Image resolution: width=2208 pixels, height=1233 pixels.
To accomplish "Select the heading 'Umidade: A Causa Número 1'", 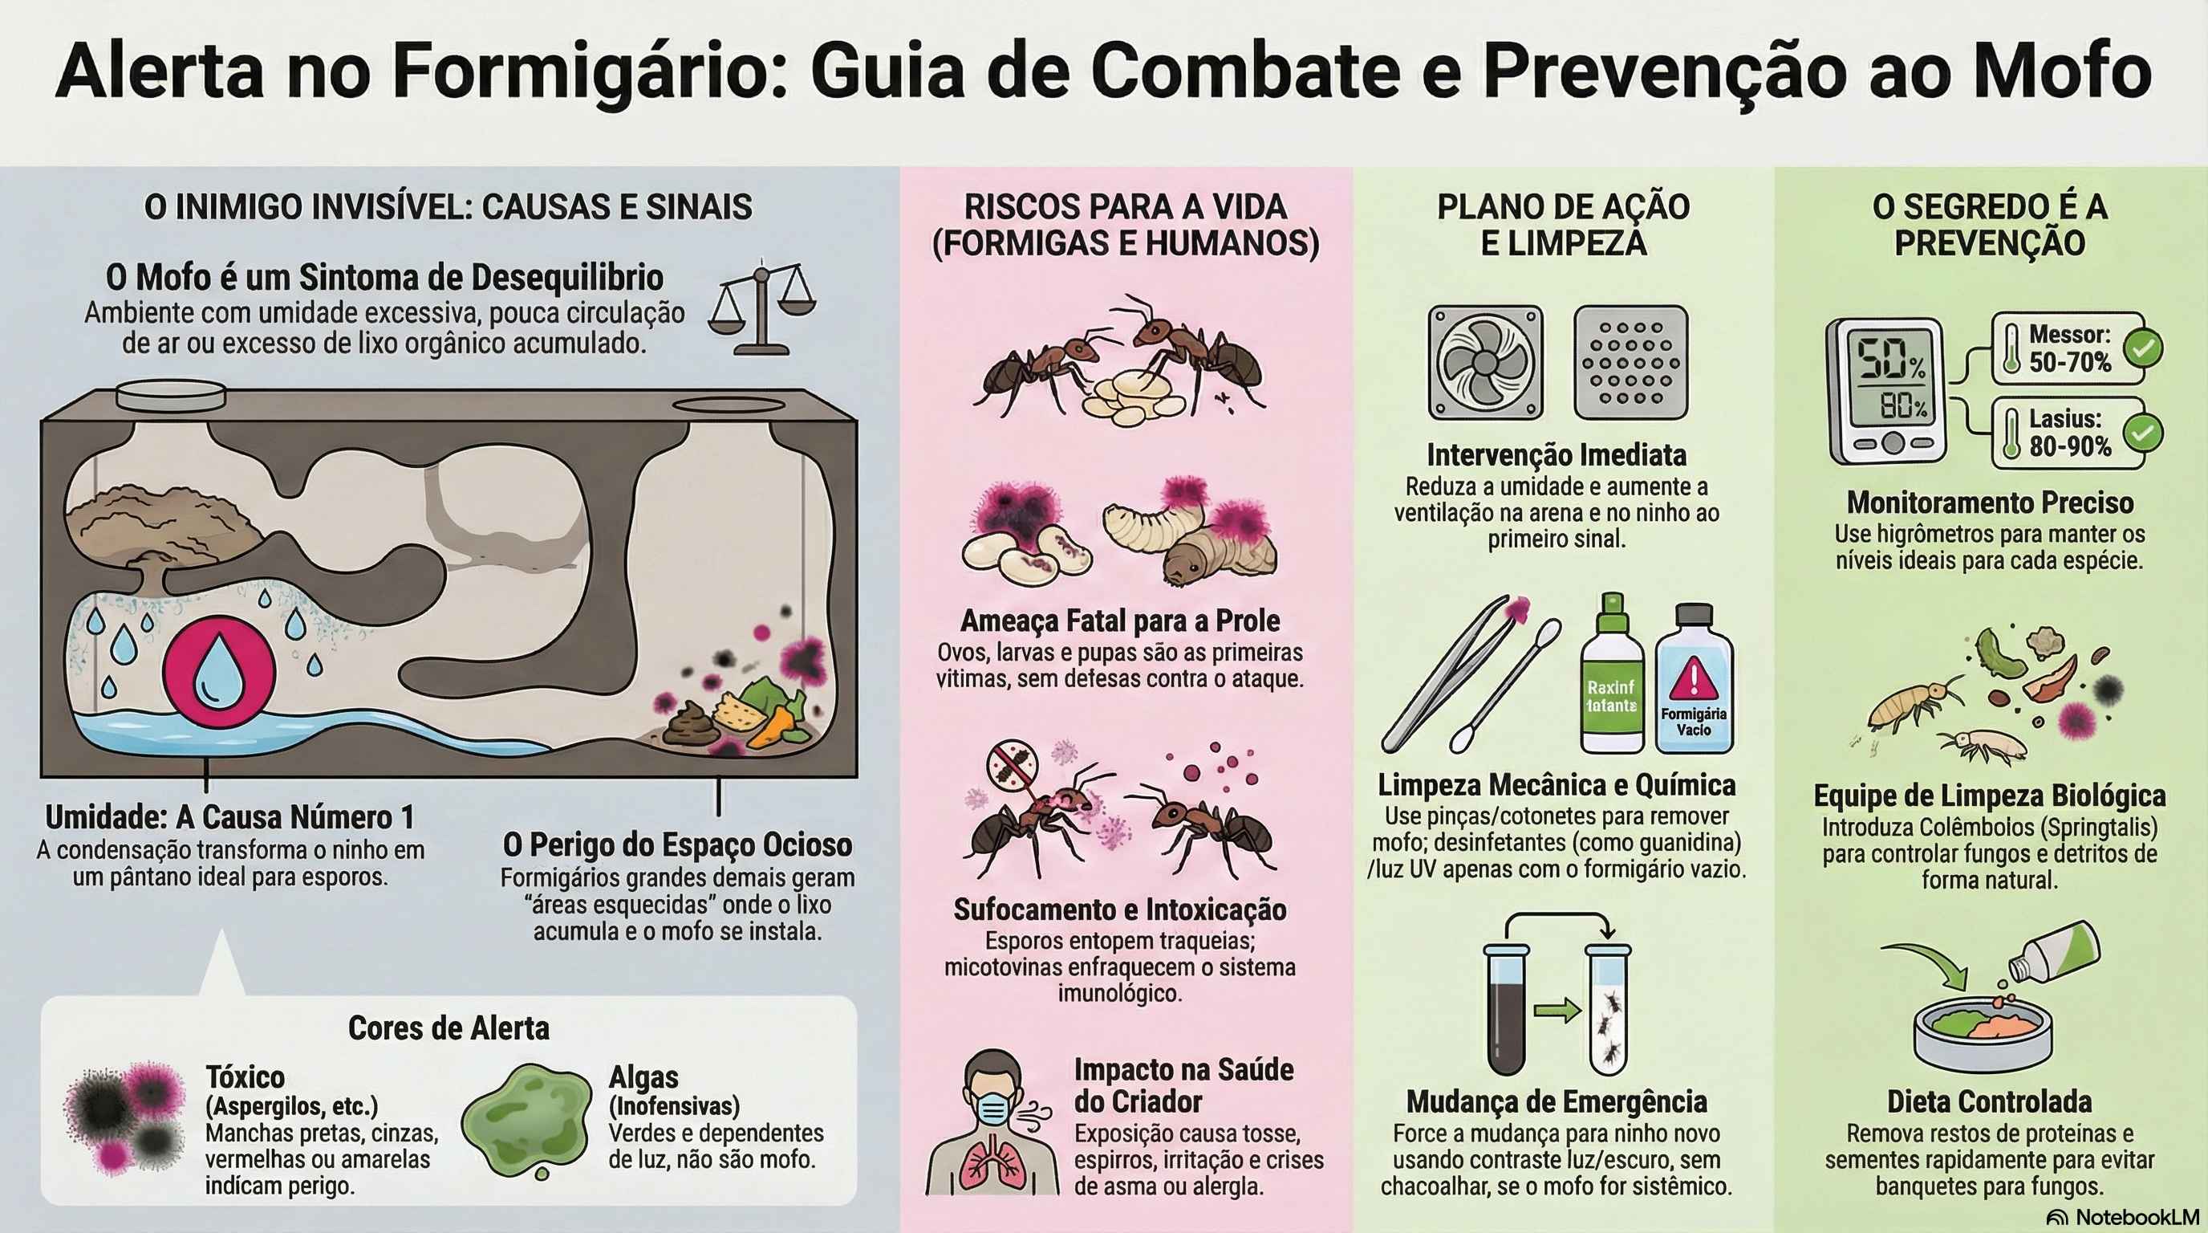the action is click(229, 817).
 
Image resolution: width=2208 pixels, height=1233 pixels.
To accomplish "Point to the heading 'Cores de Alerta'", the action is click(448, 1028).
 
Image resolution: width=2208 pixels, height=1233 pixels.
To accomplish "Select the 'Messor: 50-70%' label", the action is click(2069, 348).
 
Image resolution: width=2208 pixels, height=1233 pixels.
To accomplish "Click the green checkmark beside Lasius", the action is click(2142, 433).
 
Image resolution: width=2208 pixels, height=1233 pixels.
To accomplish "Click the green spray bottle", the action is click(1611, 674).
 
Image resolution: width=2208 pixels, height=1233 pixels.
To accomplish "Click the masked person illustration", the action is click(994, 1124).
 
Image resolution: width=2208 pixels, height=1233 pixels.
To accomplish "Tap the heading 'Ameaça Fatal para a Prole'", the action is click(1120, 620).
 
